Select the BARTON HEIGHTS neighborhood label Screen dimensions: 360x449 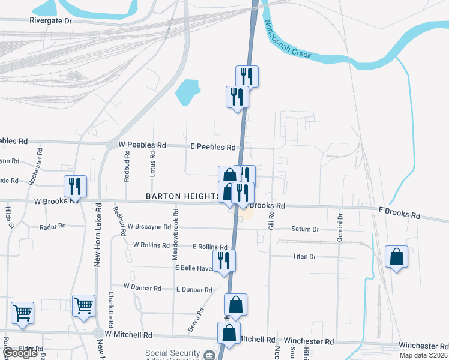click(x=182, y=196)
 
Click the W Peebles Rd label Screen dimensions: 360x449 click(x=142, y=145)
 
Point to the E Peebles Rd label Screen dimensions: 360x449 click(x=212, y=147)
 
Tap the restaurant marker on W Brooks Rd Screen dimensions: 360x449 click(x=75, y=186)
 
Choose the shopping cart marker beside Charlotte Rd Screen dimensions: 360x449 click(x=83, y=305)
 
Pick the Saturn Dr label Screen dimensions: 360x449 click(x=305, y=229)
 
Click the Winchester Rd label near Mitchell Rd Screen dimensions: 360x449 click(x=309, y=341)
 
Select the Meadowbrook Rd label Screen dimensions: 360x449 click(x=176, y=235)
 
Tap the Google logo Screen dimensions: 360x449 click(x=20, y=353)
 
